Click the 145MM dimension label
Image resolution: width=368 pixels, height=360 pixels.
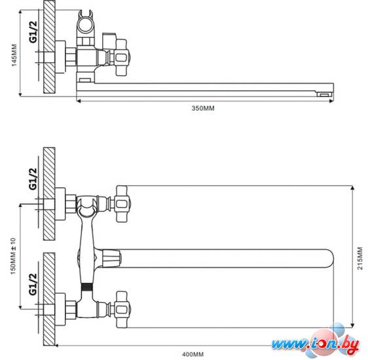coord(14,55)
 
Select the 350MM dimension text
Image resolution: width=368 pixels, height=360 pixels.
coord(203,109)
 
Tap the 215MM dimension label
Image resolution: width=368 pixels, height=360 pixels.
coord(360,258)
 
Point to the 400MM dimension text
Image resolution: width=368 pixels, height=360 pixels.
coord(193,354)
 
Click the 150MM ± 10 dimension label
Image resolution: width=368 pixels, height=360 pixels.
coord(13,256)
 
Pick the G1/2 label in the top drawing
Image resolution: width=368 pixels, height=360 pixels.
coord(33,31)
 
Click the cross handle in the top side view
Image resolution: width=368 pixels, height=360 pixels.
coord(122,58)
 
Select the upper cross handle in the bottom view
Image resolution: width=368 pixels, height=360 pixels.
coord(122,204)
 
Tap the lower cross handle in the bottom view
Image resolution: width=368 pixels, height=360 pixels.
coord(122,310)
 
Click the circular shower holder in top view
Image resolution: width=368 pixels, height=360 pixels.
coord(86,25)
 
